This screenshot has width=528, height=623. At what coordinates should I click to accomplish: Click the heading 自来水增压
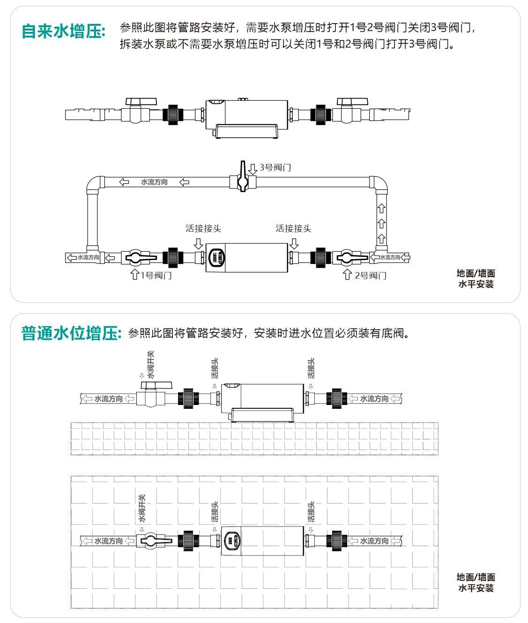pos(64,31)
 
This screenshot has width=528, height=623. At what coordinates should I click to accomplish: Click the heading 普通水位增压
pos(71,333)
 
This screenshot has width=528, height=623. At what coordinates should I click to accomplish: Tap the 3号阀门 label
pos(275,167)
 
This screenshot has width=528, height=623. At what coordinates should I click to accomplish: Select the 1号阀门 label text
pos(156,275)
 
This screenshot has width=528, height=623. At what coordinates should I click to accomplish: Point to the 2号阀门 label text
pos(371,275)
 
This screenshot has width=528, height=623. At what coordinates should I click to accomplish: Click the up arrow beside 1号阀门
pos(135,274)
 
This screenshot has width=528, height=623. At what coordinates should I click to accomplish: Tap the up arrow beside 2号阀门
pos(347,274)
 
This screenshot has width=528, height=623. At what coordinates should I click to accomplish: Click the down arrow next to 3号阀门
pos(253,168)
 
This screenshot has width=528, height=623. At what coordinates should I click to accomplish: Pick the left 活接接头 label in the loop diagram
pos(203,228)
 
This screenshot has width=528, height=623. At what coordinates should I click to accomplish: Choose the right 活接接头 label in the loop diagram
pos(293,228)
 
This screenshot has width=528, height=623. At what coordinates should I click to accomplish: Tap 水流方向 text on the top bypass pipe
pos(154,182)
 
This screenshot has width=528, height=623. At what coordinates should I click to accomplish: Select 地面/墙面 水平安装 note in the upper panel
pos(476,278)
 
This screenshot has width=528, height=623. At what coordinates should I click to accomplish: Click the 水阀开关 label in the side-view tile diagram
pos(150,364)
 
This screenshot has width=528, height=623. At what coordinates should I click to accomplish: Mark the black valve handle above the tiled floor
pos(156,385)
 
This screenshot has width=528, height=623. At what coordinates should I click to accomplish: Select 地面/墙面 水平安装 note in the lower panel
pos(476,582)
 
